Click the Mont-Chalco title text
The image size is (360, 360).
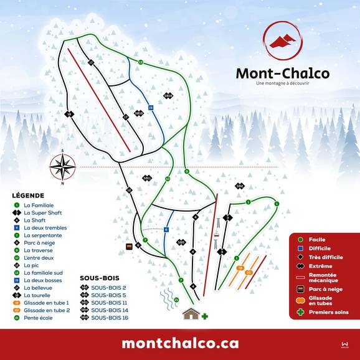click(x=282, y=73)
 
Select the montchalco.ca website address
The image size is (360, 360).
click(x=180, y=343)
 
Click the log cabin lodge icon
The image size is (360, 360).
click(x=191, y=313)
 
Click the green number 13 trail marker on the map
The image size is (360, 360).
click(x=141, y=62)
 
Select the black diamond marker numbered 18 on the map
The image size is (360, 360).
click(x=69, y=113)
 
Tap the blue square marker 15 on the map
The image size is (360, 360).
click(x=151, y=108)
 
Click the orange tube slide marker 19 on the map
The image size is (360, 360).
click(x=240, y=268)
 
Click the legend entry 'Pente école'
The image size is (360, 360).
click(x=38, y=318)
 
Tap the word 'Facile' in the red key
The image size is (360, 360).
click(x=317, y=239)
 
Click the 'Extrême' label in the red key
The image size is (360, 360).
click(x=319, y=266)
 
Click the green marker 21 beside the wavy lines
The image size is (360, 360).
click(x=176, y=300)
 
